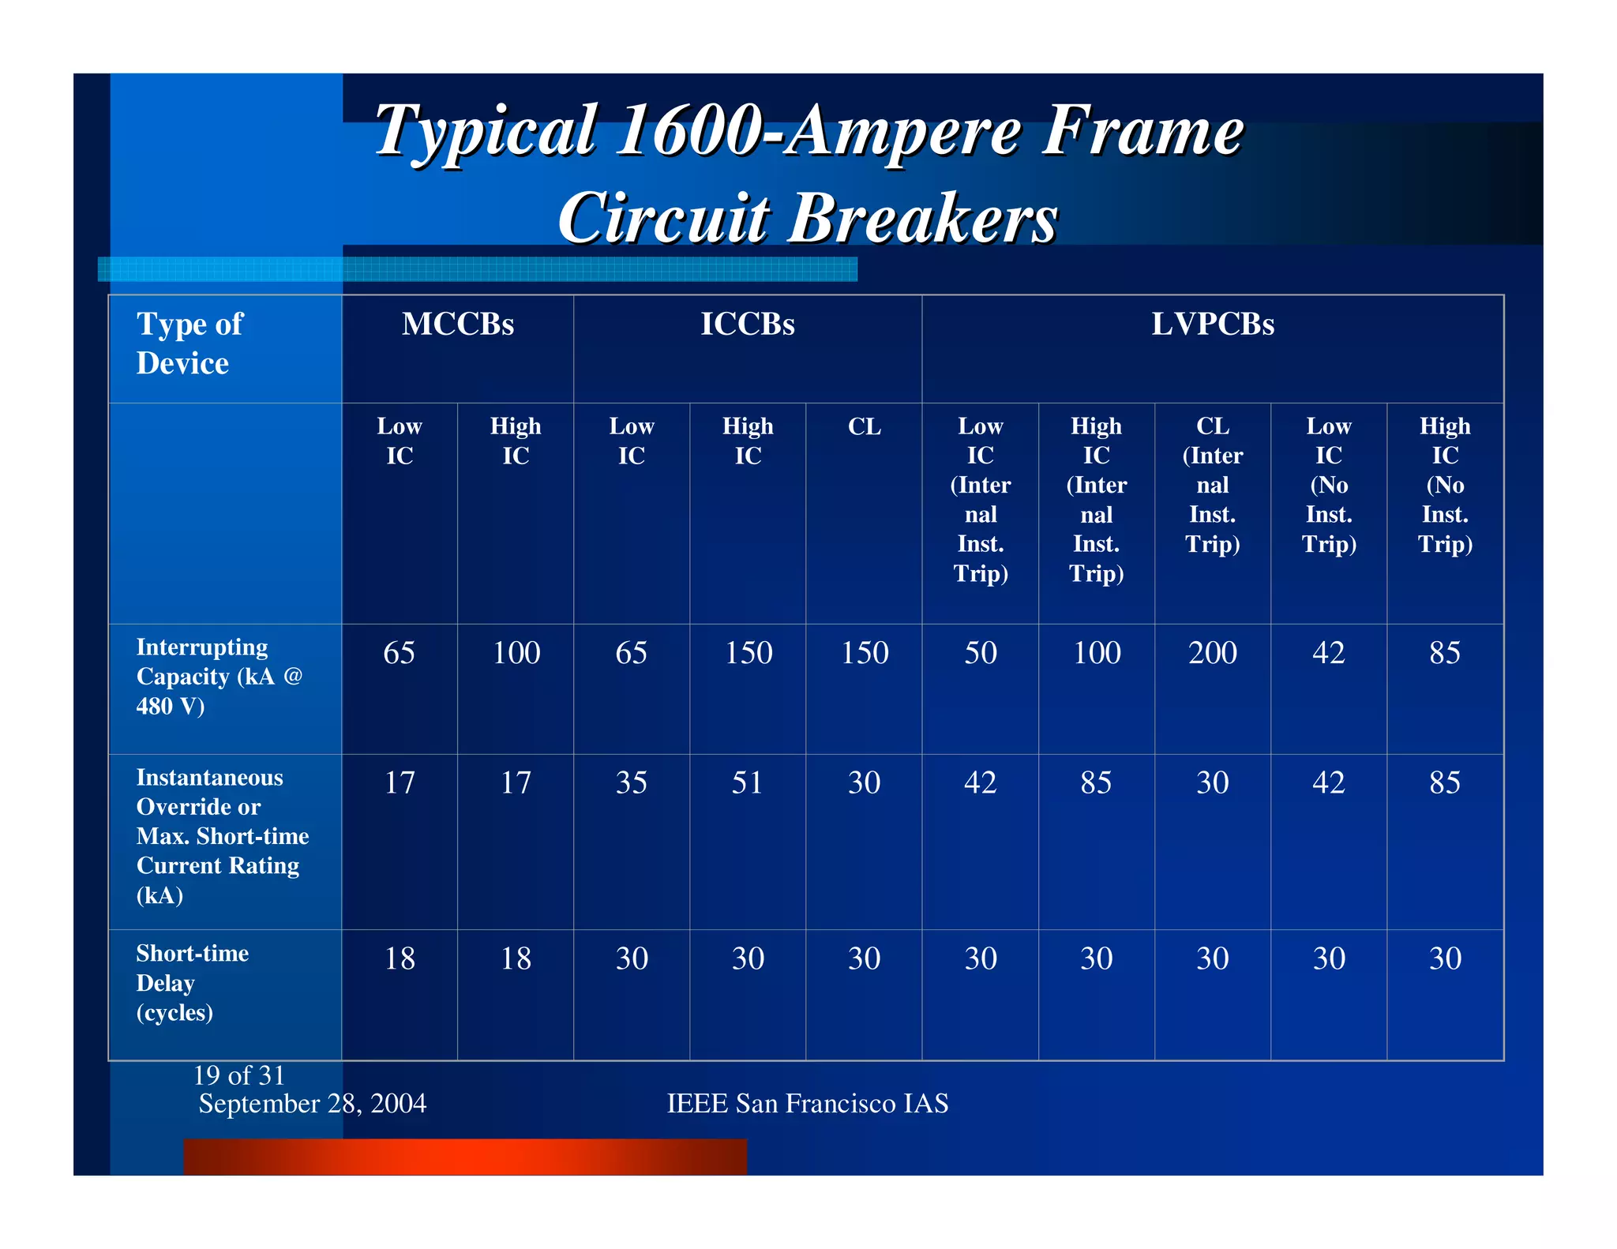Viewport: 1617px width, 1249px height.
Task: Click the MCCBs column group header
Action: [457, 324]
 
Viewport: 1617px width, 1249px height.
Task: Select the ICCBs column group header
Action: [747, 324]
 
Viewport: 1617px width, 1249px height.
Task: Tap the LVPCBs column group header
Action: [1212, 324]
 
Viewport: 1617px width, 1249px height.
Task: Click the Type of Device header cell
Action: [189, 343]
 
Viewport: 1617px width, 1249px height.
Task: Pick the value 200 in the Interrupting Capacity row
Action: [1212, 653]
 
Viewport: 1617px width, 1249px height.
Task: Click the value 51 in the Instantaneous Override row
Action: [747, 782]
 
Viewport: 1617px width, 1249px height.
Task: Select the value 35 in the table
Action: [631, 782]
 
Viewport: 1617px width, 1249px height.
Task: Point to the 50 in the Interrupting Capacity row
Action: [980, 653]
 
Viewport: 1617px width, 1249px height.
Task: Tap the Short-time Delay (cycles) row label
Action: [192, 982]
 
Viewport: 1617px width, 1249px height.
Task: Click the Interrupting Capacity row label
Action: [218, 676]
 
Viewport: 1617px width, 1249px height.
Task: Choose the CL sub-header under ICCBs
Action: [864, 427]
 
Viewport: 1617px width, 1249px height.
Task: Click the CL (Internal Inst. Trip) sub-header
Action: [1212, 484]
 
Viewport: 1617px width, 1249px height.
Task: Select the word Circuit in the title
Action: [663, 218]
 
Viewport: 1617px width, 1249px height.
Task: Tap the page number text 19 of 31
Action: [238, 1075]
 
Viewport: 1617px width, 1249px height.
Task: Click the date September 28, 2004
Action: [312, 1103]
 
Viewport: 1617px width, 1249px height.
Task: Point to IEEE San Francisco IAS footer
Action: [807, 1103]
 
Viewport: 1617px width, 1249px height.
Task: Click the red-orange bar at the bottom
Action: [464, 1156]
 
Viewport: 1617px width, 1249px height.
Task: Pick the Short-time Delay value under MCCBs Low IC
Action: [400, 958]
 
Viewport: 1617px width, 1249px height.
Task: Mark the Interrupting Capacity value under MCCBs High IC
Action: [516, 653]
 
